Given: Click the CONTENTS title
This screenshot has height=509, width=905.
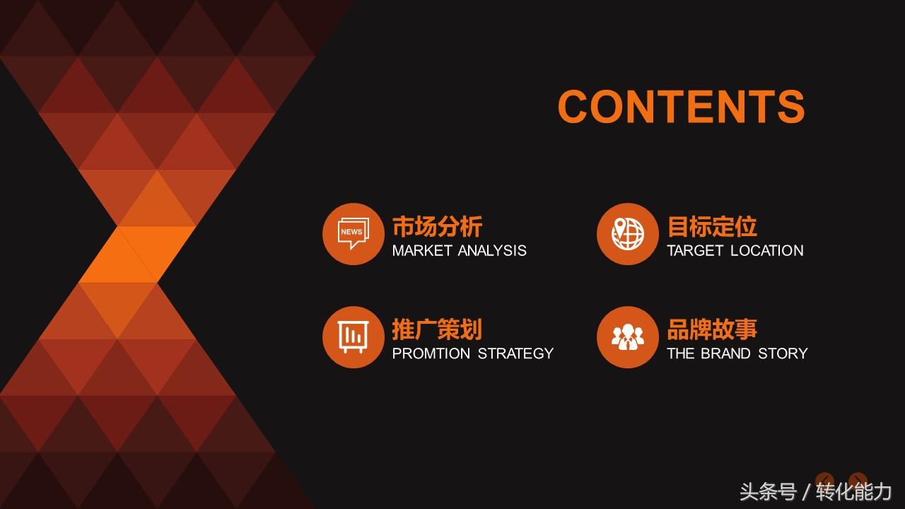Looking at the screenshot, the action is pos(681,106).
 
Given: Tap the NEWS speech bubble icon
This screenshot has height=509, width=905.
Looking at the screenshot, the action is pos(353,233).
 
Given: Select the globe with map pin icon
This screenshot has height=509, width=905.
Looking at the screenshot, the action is pos(628,234).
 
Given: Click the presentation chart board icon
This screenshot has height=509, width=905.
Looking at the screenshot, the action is pos(353,337).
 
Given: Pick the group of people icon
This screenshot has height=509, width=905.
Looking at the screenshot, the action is pos(627,337).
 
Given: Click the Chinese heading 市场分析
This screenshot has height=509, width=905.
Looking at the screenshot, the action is pos(437,226).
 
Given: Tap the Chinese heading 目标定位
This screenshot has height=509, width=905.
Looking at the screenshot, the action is pos(712,226).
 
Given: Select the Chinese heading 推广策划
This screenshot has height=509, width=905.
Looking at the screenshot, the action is pos(437,329).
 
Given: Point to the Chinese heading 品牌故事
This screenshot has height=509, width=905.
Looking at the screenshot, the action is pos(712,329).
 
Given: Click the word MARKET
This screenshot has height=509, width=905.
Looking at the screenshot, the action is pos(422,250).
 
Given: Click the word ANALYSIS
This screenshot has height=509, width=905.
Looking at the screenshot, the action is pos(493,250).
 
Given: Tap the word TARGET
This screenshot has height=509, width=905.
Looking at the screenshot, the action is pos(694,250).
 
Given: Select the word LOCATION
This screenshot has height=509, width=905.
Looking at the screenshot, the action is pos(767,250).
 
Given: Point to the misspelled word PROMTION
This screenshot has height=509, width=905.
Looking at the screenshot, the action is pos(431,353).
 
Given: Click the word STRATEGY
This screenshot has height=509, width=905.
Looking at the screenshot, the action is pos(515,353).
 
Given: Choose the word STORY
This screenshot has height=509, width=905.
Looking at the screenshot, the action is pos(783,353).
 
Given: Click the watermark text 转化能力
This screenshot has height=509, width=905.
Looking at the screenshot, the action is pos(853,491).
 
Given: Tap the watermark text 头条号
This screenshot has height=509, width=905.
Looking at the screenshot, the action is pos(768,491).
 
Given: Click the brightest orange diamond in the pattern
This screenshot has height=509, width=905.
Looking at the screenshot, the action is pos(137,255).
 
